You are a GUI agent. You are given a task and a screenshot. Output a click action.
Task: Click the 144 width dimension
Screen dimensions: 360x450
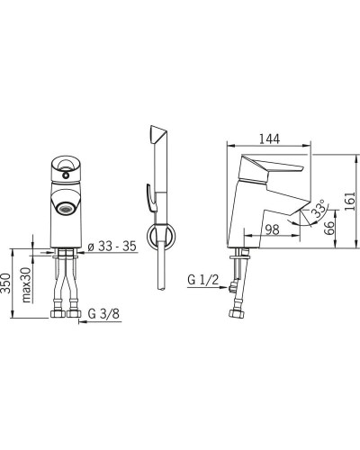coord(269,139)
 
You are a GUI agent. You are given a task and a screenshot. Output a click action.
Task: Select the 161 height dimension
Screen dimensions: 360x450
coord(349,202)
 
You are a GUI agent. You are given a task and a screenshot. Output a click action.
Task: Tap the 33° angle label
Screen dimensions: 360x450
coord(319,208)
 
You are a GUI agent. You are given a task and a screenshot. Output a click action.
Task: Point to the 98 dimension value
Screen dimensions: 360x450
coord(273,229)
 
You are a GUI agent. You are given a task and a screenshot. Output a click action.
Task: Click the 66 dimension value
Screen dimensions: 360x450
coord(328,229)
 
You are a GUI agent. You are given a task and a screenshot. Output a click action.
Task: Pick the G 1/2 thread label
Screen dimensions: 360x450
coord(202,280)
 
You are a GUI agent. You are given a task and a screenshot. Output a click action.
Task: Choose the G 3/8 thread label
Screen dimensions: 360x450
coord(103,314)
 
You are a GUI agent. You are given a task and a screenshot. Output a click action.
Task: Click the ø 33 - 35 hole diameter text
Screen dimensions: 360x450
coord(112,247)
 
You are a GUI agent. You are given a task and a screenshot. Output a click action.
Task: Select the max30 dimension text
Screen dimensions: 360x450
coord(26,284)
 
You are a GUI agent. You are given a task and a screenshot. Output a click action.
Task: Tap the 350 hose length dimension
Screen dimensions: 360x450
coord(6,283)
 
